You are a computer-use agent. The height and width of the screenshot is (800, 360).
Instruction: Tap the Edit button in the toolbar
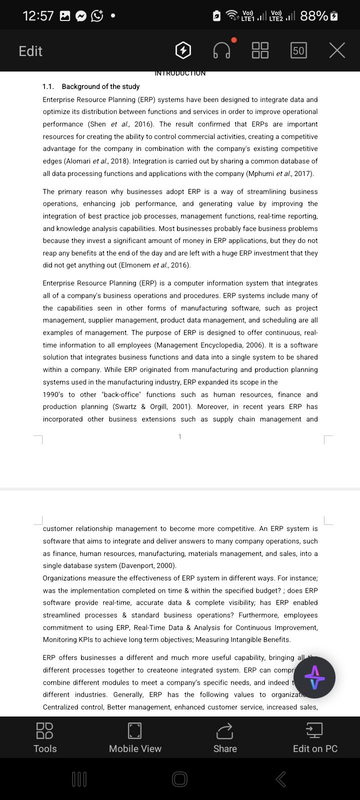pos(30,51)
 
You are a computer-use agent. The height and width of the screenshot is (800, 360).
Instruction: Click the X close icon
pos(337,50)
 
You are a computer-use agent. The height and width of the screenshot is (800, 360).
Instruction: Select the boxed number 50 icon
pos(298,50)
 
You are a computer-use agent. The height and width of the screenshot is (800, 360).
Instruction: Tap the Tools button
pos(45,737)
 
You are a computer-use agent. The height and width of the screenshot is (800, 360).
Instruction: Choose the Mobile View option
pos(135,737)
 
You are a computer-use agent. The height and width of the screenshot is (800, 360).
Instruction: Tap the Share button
pos(225,737)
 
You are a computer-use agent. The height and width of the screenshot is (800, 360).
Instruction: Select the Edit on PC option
pos(315,737)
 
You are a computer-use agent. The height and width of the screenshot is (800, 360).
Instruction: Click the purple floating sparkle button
pos(314,677)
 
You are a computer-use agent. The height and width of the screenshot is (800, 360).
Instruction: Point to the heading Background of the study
pos(100,86)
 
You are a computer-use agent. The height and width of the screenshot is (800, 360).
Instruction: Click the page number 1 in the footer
pos(180,436)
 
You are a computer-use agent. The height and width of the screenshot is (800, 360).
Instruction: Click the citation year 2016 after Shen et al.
pos(143,124)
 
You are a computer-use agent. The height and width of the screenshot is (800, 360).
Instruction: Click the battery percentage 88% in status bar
pos(314,16)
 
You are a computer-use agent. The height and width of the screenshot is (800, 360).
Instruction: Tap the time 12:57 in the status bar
pos(38,16)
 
